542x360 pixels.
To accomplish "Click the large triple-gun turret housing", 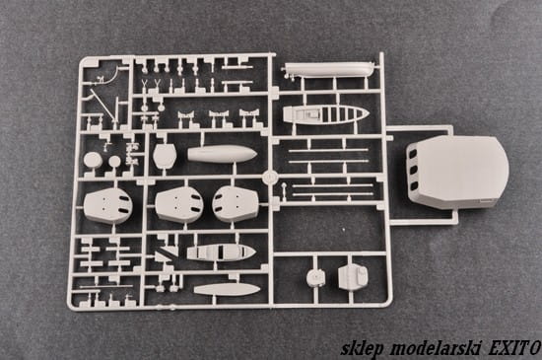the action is [457, 172].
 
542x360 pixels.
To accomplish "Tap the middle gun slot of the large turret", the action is [414, 171].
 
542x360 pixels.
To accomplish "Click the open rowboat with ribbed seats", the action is [325, 113].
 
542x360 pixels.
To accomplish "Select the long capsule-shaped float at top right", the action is [328, 70].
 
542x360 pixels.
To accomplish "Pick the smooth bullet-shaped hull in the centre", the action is [222, 154].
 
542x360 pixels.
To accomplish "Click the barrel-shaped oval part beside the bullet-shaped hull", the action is [165, 156].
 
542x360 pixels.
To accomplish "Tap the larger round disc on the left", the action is [93, 161].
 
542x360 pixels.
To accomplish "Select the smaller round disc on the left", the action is [114, 161].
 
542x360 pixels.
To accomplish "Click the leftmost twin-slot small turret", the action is [107, 205].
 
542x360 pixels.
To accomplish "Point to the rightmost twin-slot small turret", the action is [236, 203].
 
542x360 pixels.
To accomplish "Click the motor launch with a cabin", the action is [221, 252].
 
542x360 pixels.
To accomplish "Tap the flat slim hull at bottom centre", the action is [227, 289].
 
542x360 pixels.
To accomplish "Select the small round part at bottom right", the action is [315, 277].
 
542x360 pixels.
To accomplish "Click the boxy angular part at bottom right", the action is [353, 276].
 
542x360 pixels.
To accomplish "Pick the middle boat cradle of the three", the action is [219, 114].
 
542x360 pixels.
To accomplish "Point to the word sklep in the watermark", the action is [363, 348].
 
